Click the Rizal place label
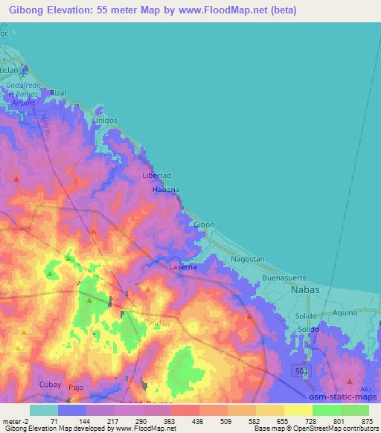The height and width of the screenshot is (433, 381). point(59,93)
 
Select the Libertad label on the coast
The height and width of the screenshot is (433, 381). point(156,176)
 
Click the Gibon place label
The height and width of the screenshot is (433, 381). point(204,225)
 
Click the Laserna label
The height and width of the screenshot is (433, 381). point(182,266)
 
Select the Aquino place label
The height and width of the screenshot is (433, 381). point(345,312)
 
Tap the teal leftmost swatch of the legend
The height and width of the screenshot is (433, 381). point(44,410)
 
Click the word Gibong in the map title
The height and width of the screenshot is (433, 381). point(27,10)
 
